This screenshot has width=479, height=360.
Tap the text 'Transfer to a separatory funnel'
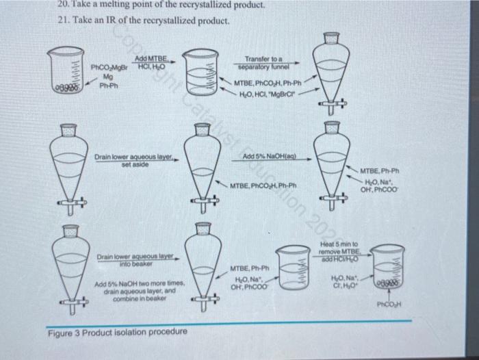269,64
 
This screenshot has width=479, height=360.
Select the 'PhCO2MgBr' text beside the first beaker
105,68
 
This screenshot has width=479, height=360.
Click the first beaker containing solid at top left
68,72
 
